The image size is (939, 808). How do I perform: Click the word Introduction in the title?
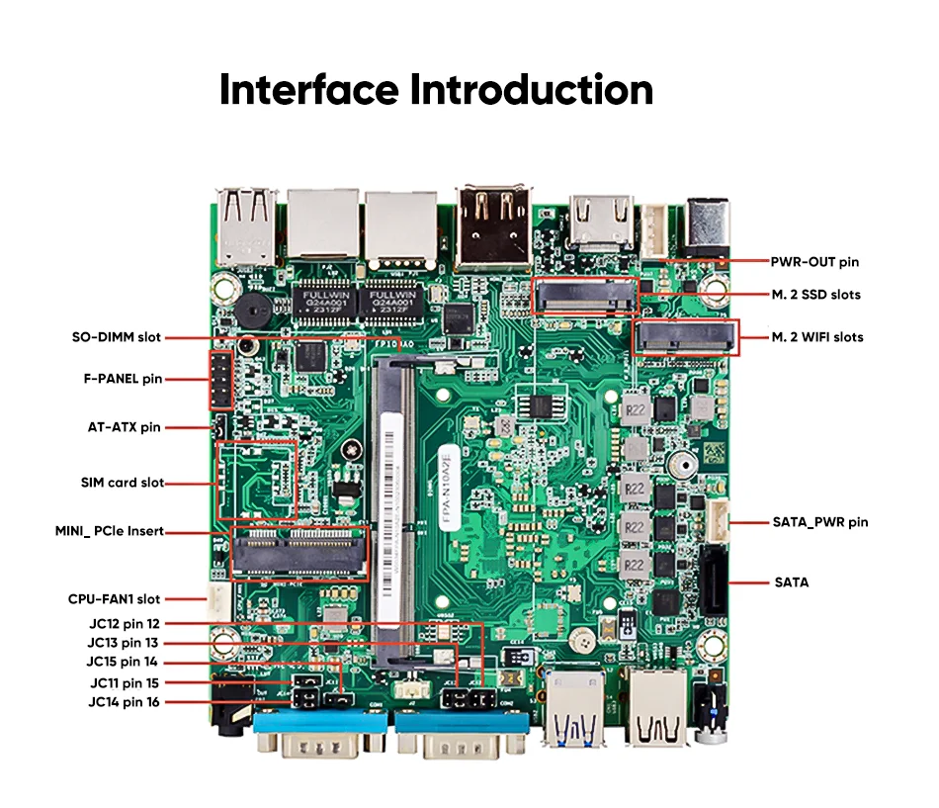click(532, 89)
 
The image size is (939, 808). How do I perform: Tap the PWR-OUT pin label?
click(814, 262)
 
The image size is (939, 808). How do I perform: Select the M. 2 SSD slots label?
click(816, 295)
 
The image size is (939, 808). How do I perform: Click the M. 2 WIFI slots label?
click(817, 337)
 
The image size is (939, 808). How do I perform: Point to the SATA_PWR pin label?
click(819, 522)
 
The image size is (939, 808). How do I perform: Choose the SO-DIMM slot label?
click(116, 337)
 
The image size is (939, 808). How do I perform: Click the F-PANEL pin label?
click(123, 378)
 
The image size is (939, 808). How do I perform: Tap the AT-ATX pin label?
click(124, 428)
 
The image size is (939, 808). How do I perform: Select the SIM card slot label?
click(123, 483)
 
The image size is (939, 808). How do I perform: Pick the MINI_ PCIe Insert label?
click(110, 532)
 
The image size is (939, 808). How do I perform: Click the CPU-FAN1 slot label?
click(114, 599)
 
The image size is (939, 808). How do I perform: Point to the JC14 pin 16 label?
click(123, 702)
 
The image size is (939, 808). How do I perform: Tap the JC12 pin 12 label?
click(123, 624)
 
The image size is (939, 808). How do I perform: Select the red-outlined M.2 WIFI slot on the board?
click(686, 338)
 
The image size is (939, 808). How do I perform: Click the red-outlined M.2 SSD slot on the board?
click(585, 295)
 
